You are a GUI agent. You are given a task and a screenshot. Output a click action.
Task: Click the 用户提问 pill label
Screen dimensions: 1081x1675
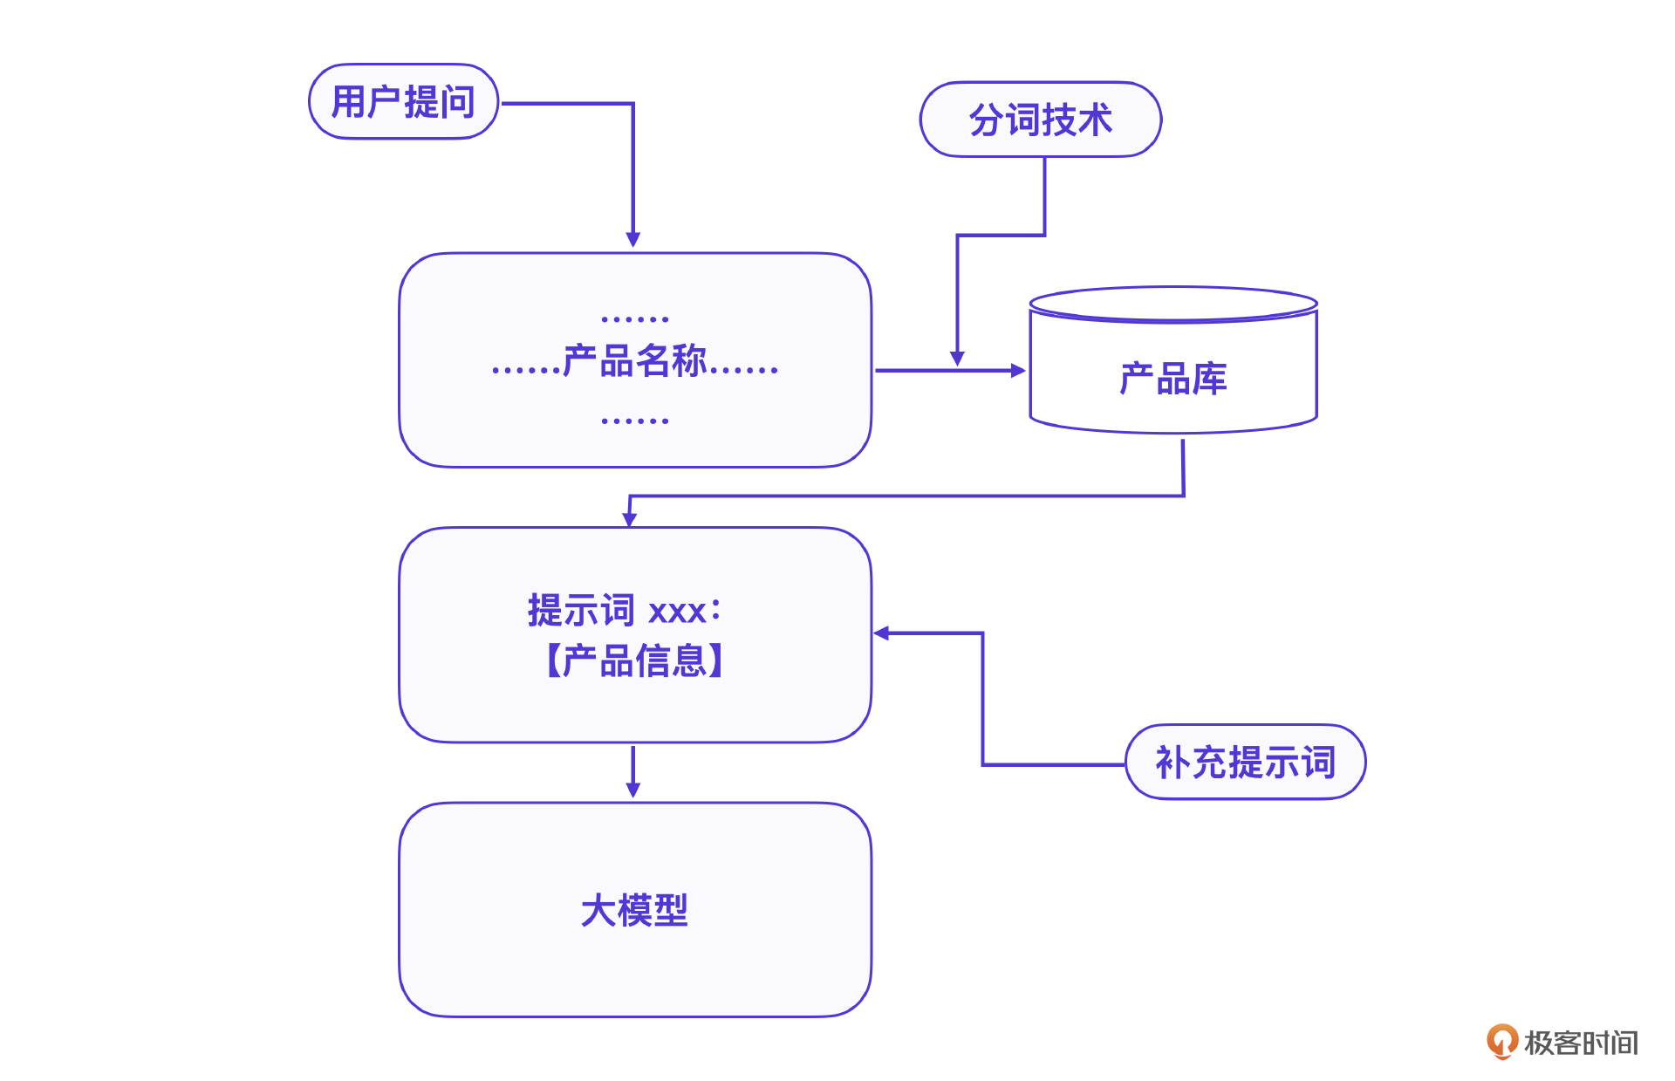pos(403,102)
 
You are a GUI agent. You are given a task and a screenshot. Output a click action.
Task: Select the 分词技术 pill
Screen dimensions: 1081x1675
pos(1040,120)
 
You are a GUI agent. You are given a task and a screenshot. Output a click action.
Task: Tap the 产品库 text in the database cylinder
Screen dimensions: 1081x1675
pos(1172,379)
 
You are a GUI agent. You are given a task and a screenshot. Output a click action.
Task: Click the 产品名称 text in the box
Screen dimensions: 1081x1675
pos(634,360)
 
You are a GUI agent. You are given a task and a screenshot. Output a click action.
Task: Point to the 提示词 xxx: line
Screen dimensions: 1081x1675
pos(625,610)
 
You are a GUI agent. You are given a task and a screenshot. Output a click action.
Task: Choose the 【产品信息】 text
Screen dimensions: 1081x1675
pos(634,660)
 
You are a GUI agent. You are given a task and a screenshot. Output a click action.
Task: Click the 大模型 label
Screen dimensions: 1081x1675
pos(634,910)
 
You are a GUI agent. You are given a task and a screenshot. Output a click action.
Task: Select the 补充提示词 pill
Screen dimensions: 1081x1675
pos(1245,762)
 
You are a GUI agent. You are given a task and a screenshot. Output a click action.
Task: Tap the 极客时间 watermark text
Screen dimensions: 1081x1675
pos(1581,1043)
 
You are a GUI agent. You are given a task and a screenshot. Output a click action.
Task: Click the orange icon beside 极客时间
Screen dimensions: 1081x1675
pos(1501,1041)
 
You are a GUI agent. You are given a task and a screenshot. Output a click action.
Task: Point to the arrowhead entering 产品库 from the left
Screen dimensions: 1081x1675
pos(1017,370)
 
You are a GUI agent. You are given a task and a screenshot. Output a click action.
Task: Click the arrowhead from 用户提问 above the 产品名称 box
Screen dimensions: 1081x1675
pos(633,239)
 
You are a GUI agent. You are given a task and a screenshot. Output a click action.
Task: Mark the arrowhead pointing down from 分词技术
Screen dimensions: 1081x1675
pos(957,358)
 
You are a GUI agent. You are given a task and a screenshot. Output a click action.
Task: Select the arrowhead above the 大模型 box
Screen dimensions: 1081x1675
pos(633,790)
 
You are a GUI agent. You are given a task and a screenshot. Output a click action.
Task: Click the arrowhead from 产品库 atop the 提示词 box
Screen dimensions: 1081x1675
pos(629,519)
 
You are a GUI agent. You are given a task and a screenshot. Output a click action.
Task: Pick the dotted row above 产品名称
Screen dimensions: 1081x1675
pos(634,319)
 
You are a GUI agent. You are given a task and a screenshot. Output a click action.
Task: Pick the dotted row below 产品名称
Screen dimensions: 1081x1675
pos(634,421)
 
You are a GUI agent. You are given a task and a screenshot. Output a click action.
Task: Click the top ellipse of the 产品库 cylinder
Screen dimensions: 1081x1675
pos(1172,304)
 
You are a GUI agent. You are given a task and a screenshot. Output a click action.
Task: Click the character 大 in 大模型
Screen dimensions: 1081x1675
pos(598,910)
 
